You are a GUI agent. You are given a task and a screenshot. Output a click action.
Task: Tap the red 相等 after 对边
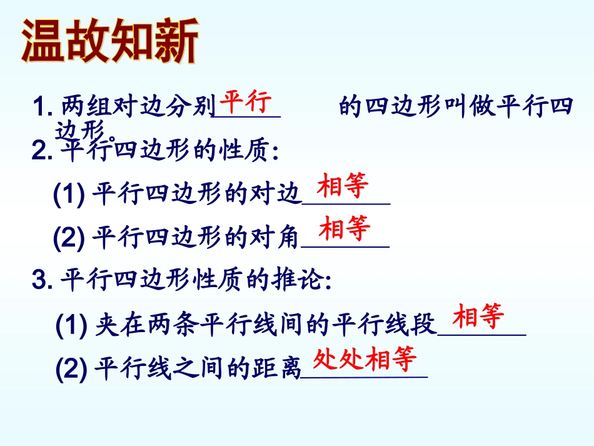[x=343, y=186]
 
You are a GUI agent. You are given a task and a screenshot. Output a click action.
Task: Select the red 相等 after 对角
[x=345, y=228]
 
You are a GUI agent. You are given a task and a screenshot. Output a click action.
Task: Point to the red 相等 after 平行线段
[x=478, y=317]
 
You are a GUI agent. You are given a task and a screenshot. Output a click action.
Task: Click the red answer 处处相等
[x=365, y=359]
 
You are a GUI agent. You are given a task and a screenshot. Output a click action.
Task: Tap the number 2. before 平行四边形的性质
[x=43, y=152]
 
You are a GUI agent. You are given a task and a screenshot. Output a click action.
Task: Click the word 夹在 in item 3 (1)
[x=113, y=325]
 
